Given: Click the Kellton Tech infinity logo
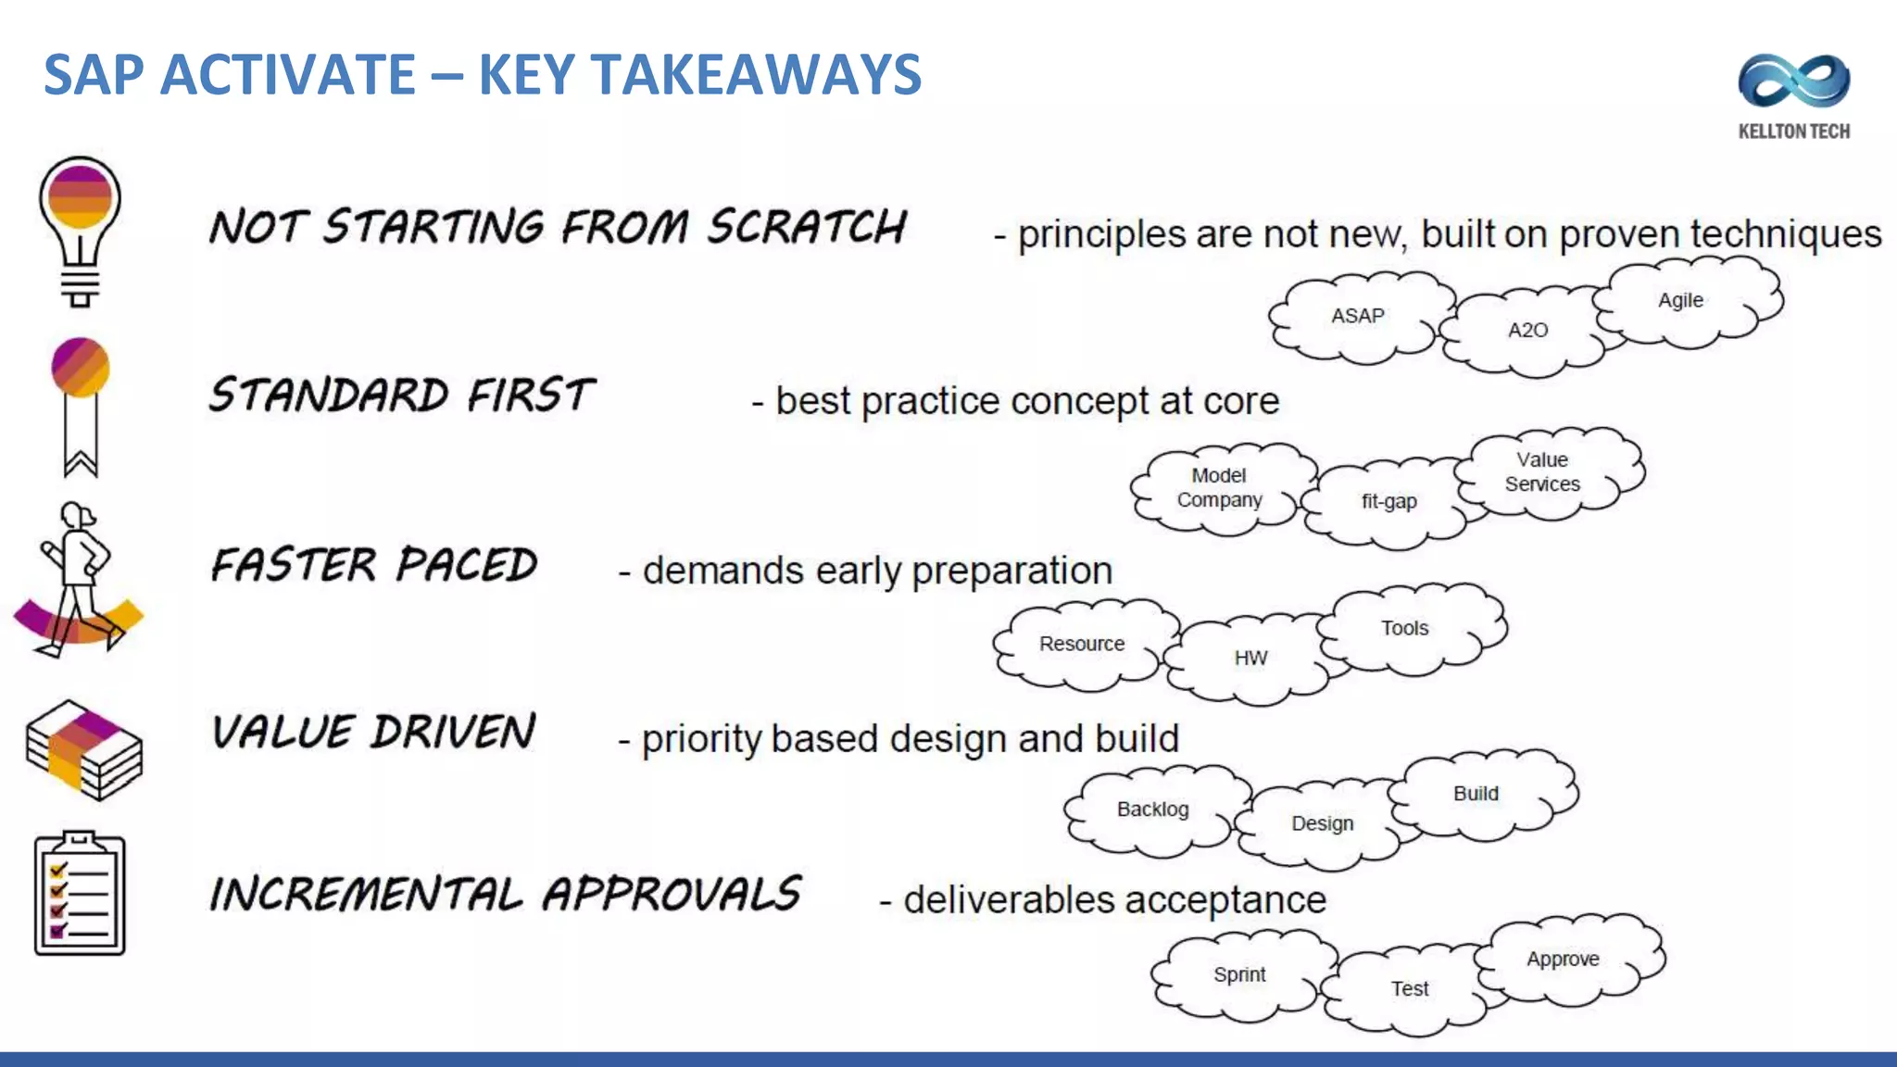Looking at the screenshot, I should click(x=1793, y=82).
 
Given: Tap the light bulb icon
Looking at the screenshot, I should click(x=80, y=230).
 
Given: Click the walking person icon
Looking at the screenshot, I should click(x=78, y=580).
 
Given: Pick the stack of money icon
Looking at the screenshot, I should click(x=83, y=750).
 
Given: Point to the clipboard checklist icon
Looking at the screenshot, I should click(x=80, y=893).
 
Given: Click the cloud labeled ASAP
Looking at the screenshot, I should click(x=1358, y=316).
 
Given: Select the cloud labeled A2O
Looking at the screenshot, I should click(x=1526, y=331).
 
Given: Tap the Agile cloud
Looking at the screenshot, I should click(x=1680, y=300).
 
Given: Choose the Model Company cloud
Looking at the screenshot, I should click(x=1219, y=488).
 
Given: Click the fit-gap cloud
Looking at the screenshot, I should click(x=1388, y=502).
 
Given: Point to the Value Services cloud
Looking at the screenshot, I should click(x=1542, y=472).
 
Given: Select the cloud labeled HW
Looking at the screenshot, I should click(x=1250, y=659).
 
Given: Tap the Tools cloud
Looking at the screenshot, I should click(x=1404, y=628).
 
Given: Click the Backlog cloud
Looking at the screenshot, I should click(x=1152, y=810).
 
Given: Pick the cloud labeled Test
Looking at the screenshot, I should click(x=1409, y=989).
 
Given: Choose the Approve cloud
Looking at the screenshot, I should click(x=1563, y=960).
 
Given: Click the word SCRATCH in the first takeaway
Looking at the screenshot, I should click(x=807, y=227).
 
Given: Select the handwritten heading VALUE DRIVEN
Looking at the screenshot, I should click(x=373, y=732).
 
